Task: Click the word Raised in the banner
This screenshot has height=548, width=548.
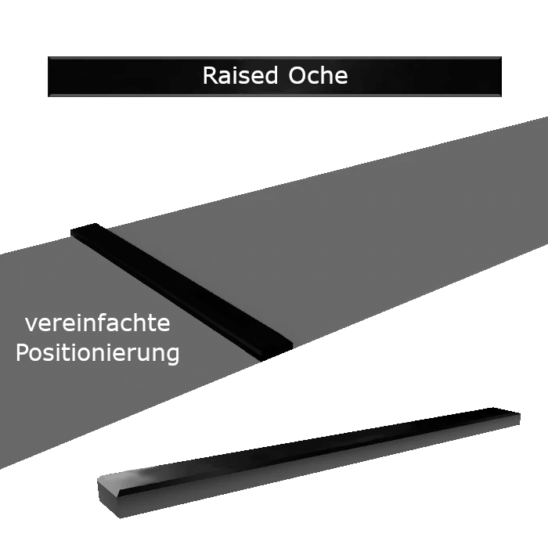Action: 240,75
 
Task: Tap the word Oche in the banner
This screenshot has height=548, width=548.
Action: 318,75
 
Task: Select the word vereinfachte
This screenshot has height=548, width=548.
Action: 98,323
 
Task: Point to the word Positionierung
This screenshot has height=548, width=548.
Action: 98,353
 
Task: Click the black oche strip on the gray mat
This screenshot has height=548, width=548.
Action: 182,292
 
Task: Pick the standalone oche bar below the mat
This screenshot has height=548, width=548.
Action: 309,463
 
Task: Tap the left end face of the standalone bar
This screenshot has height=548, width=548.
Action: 108,496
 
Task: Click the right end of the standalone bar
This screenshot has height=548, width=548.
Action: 514,416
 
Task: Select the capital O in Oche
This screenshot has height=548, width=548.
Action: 297,75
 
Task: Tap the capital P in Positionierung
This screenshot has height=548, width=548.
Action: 22,352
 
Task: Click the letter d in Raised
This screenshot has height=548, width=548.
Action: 271,75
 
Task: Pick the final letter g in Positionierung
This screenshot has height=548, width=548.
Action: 173,355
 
